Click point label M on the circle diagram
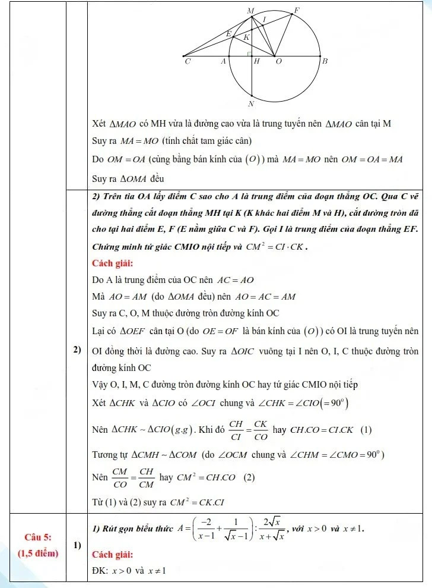point(250,10)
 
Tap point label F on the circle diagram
point(297,10)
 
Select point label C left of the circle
point(188,61)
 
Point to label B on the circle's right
point(325,61)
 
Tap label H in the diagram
point(257,61)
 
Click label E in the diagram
point(228,34)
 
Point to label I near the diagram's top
point(264,20)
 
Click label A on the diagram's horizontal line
point(224,61)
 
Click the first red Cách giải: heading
point(113,263)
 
